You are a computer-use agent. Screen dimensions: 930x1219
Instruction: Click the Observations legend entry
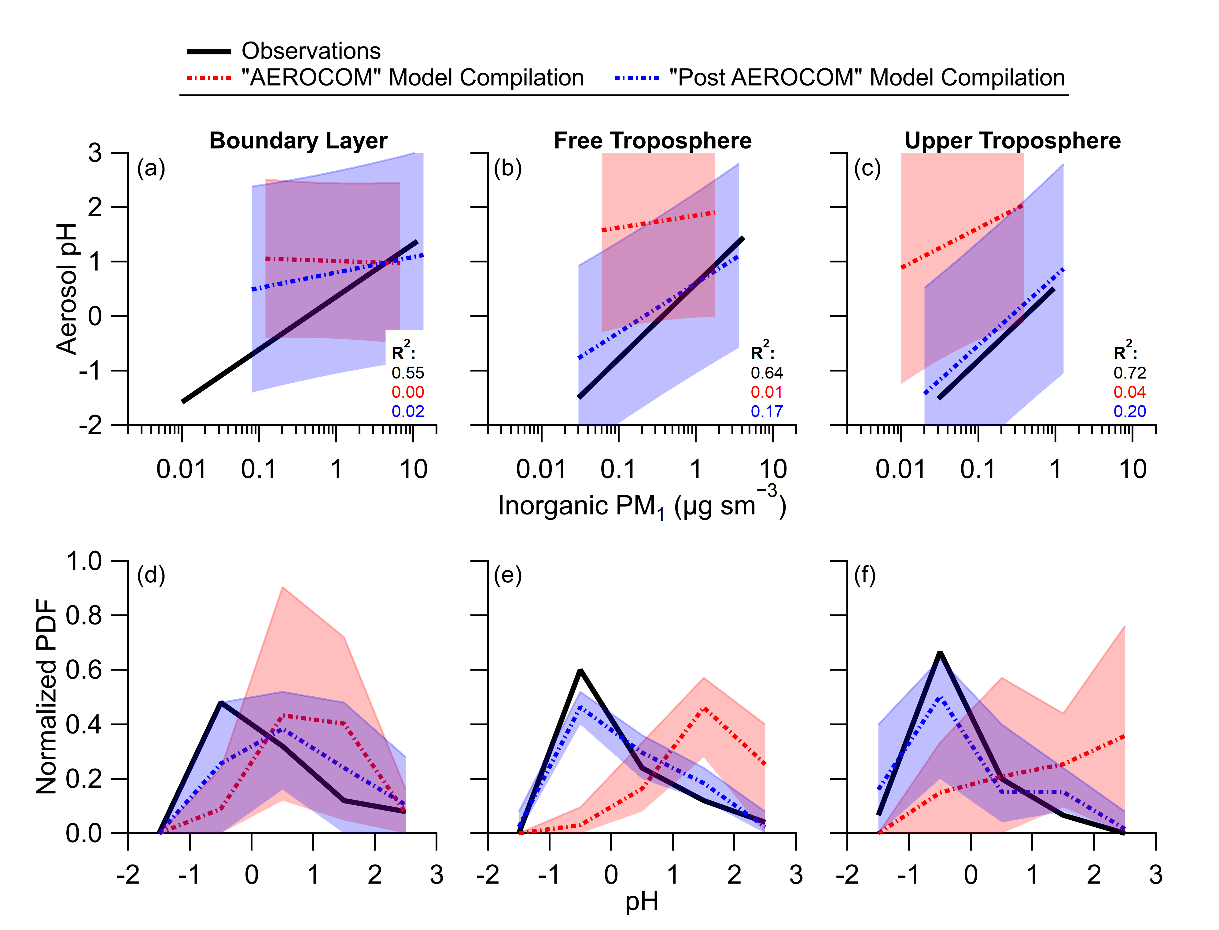310,51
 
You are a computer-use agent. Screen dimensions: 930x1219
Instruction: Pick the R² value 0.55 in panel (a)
408,372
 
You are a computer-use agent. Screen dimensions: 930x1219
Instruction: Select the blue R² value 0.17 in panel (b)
767,411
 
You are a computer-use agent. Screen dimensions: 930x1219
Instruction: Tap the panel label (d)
151,575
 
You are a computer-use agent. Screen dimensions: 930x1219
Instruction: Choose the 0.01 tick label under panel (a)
181,469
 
